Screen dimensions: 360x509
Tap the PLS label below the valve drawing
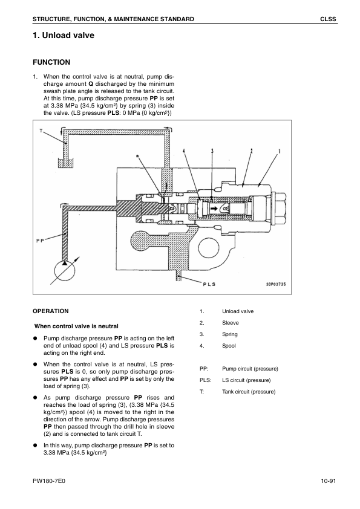tap(209, 284)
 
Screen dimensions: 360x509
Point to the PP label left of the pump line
tap(40, 240)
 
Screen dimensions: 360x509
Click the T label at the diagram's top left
tap(41, 131)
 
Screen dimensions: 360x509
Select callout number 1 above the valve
tap(279, 151)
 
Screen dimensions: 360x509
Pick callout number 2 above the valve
tap(251, 151)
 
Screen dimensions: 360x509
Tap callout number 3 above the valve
tap(212, 151)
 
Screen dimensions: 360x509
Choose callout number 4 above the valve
tap(184, 151)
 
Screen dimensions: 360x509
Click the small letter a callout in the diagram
tap(137, 156)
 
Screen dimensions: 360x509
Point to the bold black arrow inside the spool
tap(214, 208)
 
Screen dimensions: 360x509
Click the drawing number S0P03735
tap(276, 284)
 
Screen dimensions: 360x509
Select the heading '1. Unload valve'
tap(64, 36)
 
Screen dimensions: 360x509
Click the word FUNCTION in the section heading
tap(51, 62)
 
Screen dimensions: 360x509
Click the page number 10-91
tap(328, 481)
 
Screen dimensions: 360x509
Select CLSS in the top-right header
tap(328, 19)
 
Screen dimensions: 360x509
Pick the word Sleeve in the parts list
tap(231, 323)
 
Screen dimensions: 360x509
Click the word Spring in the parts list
tap(230, 334)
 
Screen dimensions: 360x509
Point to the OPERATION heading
tap(51, 311)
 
